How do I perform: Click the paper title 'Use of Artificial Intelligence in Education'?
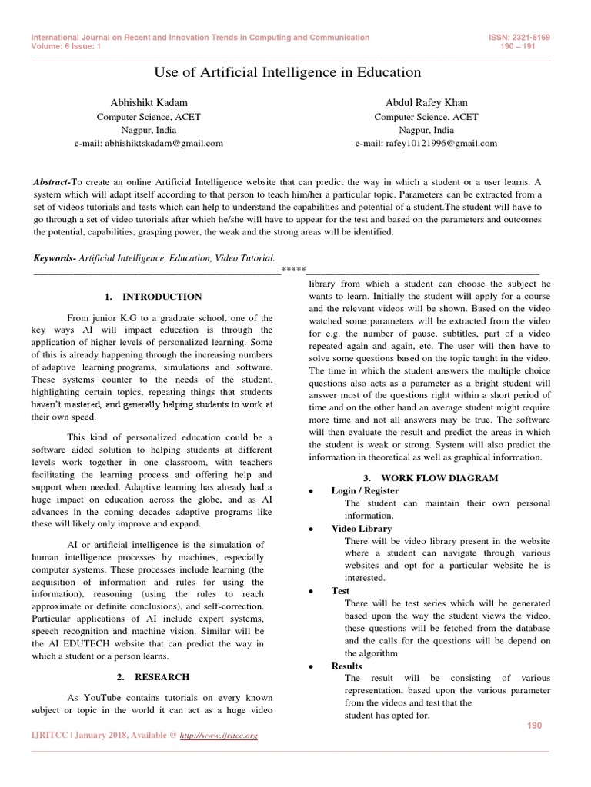[289, 73]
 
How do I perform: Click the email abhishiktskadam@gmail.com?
[149, 143]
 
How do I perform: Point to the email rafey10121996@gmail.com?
[426, 143]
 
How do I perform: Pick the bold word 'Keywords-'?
[55, 259]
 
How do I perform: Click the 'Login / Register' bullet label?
[365, 490]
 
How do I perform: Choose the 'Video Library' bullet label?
[361, 529]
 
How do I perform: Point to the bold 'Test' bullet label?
[340, 591]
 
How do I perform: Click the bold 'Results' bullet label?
[346, 666]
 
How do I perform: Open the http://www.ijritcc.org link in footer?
[218, 736]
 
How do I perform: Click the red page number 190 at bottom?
[535, 726]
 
